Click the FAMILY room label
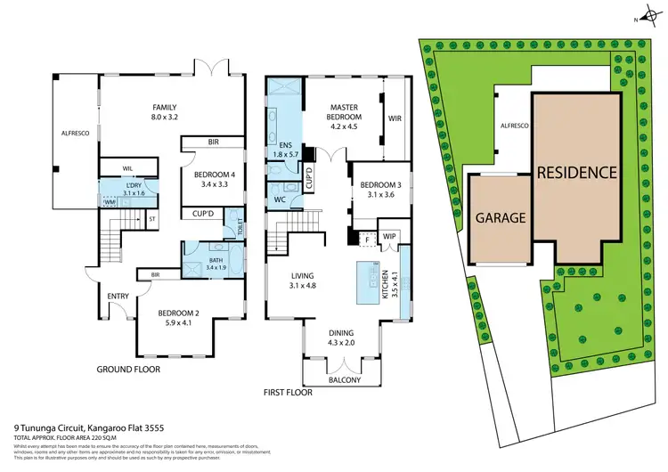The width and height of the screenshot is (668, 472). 165,105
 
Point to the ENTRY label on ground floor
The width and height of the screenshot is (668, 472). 118,296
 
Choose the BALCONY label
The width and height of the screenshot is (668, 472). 345,380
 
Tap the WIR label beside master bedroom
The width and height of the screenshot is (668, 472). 395,117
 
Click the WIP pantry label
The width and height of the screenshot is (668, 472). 388,236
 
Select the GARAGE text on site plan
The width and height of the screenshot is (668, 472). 500,216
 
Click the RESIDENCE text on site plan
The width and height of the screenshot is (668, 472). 576,172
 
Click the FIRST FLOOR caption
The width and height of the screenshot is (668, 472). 289,390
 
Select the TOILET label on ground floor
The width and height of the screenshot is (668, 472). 240,225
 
